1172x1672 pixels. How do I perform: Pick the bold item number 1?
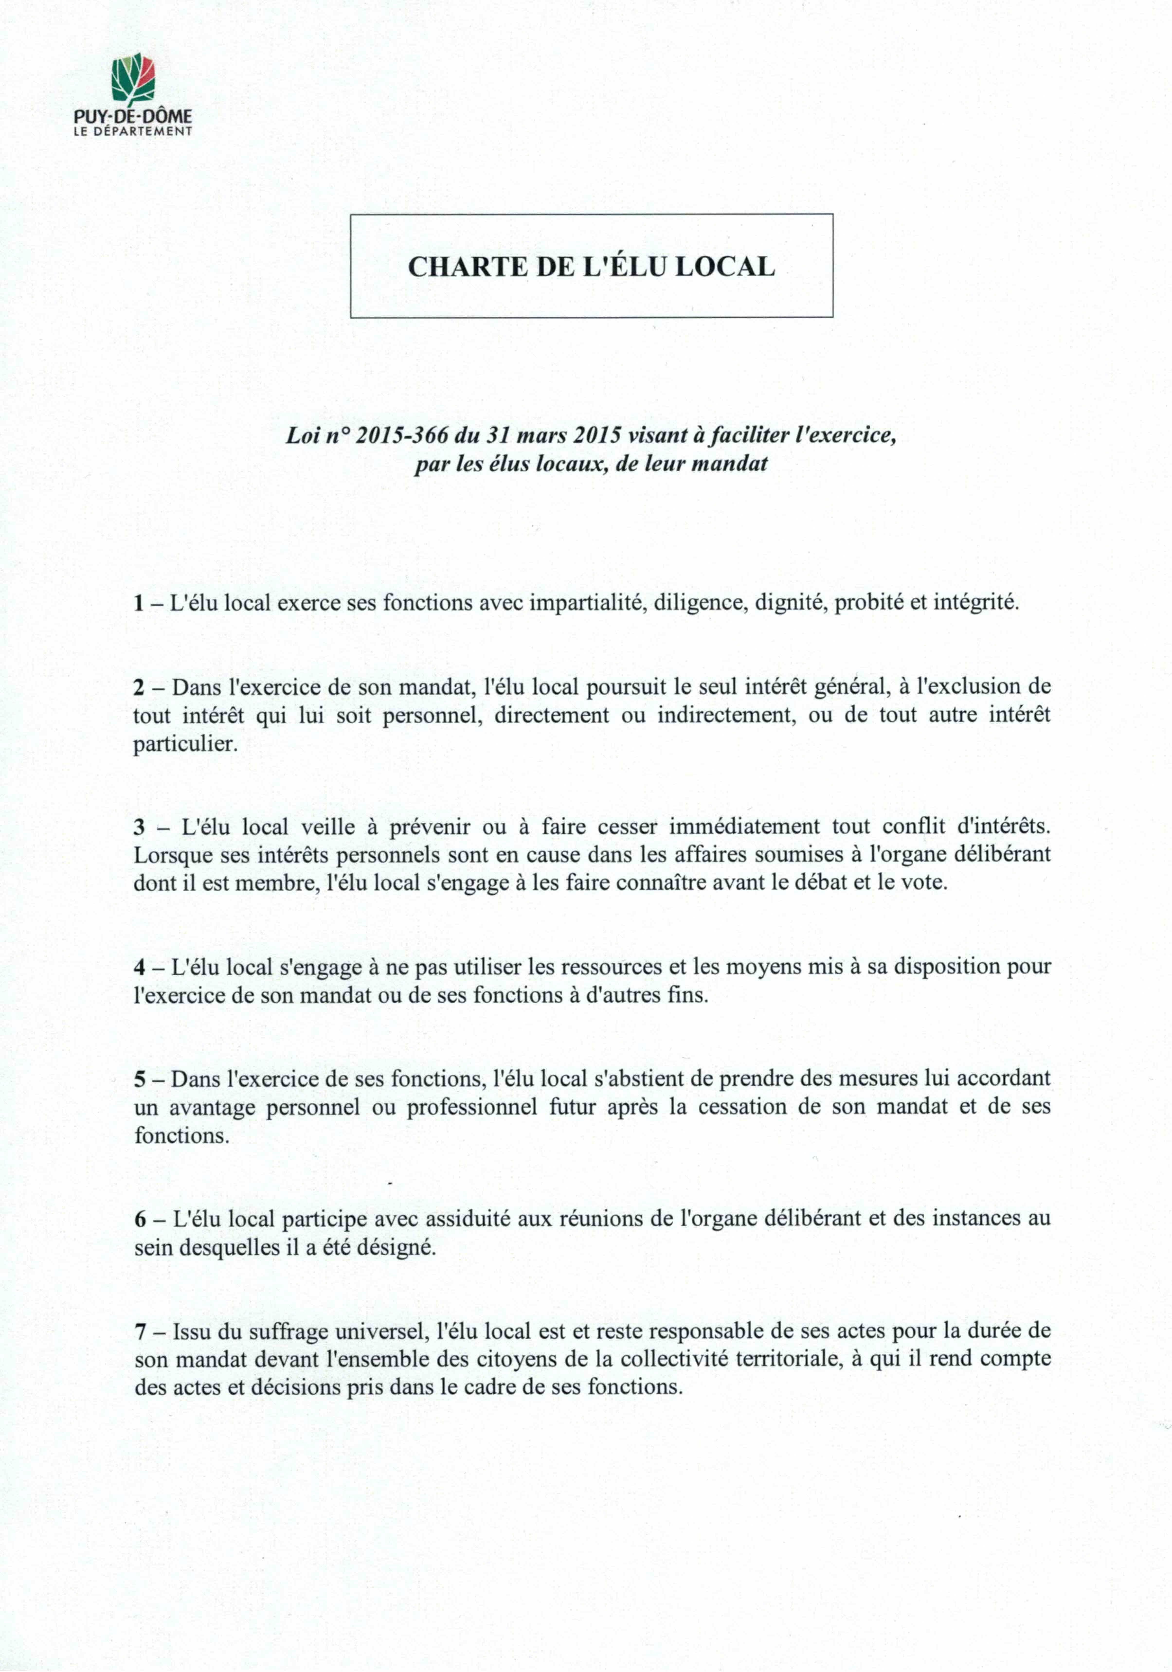coord(138,604)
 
